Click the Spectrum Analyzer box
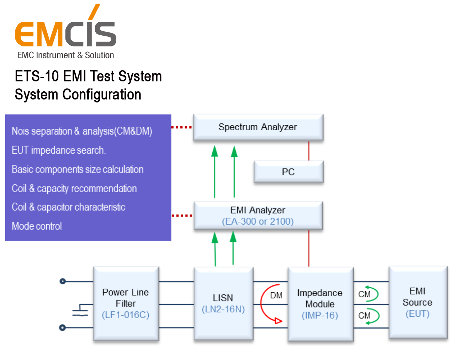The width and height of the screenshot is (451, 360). point(258,127)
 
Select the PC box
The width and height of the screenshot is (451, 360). point(288,172)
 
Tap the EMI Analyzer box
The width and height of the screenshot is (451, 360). point(258,215)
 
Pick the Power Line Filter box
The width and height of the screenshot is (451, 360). point(126,304)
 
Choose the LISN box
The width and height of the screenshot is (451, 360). point(223,304)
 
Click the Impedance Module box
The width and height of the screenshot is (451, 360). point(320,304)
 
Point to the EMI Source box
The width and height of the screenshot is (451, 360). point(418,302)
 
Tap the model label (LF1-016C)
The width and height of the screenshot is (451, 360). point(126,315)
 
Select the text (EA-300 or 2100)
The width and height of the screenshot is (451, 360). point(258,221)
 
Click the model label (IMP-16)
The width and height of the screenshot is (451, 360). point(320,316)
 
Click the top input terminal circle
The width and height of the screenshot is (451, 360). point(63,281)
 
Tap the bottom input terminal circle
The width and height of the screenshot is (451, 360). point(63,328)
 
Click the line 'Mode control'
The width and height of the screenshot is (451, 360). point(37,226)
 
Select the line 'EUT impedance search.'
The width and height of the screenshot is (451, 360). point(59,150)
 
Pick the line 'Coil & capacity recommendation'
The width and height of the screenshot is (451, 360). point(74,189)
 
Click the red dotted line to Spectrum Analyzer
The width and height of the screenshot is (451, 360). point(181,127)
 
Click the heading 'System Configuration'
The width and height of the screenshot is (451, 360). point(78,95)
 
